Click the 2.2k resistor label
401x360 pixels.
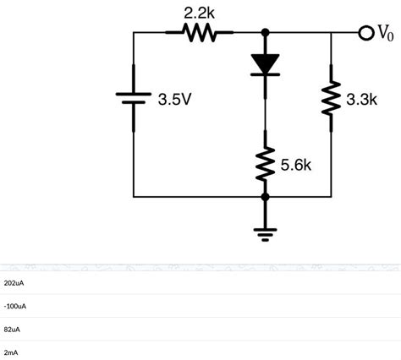click(x=199, y=13)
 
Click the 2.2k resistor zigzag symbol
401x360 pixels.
click(x=200, y=33)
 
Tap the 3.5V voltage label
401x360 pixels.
click(x=174, y=100)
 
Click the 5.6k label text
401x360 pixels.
click(x=296, y=165)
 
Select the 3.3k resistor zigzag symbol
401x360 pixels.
click(x=331, y=101)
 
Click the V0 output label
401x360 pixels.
click(x=385, y=33)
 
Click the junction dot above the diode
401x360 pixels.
click(x=266, y=33)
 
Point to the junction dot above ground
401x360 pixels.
click(x=266, y=196)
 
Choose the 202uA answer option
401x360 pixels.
click(x=15, y=282)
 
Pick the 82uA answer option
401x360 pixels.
click(x=13, y=329)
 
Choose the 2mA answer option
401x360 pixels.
click(x=11, y=352)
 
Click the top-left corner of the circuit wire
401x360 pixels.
click(x=134, y=33)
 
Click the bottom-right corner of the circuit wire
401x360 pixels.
click(x=331, y=196)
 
